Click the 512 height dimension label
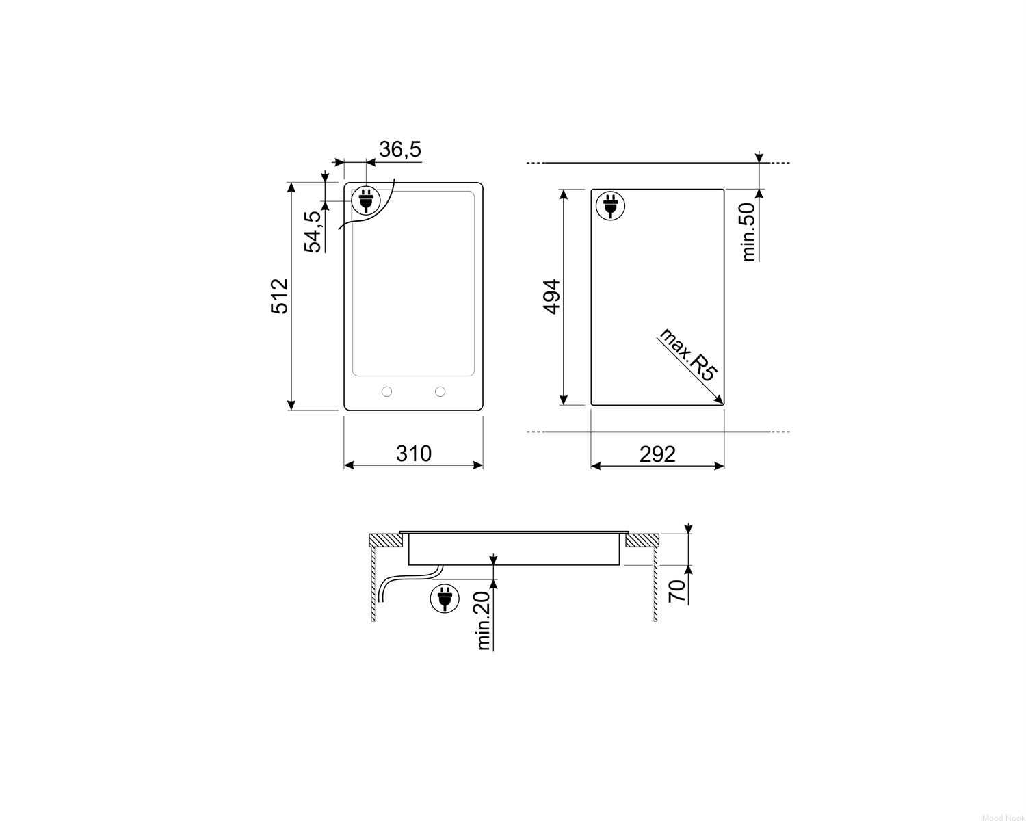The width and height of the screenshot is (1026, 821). [279, 296]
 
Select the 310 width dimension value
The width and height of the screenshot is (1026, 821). [413, 454]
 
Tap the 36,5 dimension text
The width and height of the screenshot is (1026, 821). [400, 149]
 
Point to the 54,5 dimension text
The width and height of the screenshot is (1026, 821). [313, 231]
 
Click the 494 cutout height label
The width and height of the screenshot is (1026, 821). [551, 297]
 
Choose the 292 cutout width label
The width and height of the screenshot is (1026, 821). [657, 454]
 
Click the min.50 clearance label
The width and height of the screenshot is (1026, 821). [749, 233]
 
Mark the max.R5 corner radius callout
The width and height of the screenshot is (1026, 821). [687, 354]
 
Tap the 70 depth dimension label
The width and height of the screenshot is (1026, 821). [677, 591]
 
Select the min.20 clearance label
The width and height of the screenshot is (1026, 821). [484, 621]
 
